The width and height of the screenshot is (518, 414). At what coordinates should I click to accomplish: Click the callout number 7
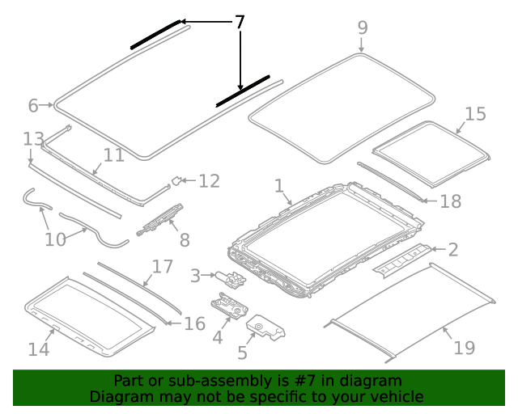tap(240, 22)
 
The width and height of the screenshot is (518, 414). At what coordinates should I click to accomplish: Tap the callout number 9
tap(363, 27)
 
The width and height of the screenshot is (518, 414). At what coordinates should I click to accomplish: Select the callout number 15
tap(475, 114)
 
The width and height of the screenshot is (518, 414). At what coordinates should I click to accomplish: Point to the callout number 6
tap(33, 105)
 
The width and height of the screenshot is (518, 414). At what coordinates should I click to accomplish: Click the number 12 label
tap(209, 180)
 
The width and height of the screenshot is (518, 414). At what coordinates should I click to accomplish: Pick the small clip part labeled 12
tap(176, 180)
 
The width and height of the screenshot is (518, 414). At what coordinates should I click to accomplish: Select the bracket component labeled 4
tap(229, 306)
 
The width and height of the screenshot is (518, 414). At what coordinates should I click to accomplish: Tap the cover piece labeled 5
tap(268, 328)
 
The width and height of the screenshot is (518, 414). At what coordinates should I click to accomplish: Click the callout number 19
tap(464, 349)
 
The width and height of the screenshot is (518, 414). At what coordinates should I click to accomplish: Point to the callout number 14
tap(39, 349)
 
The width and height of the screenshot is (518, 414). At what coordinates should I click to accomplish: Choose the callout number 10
tap(55, 239)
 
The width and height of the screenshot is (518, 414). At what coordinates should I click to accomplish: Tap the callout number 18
tap(450, 201)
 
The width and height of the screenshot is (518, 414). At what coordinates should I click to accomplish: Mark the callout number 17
tap(163, 266)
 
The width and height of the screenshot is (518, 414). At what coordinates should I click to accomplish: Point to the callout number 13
tap(33, 138)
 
